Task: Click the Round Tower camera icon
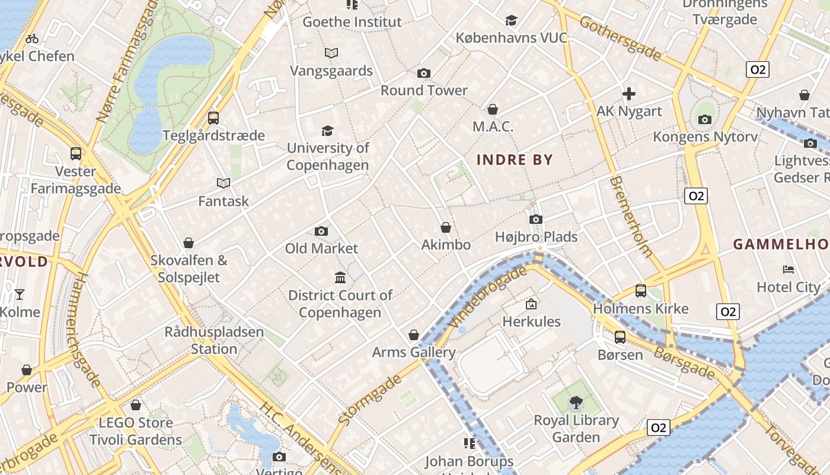[x=423, y=73]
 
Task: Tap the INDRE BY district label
[x=515, y=160]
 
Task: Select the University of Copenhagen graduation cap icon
[x=327, y=131]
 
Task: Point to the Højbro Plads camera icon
[x=536, y=219]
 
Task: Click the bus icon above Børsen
[x=620, y=337]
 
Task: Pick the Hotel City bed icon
[x=788, y=270]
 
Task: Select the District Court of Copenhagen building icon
[x=340, y=277]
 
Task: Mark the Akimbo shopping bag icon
[x=446, y=227]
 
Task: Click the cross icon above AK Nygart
[x=628, y=93]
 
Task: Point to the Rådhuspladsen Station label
[x=214, y=340]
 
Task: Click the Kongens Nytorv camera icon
[x=705, y=119]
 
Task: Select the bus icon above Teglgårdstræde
[x=213, y=118]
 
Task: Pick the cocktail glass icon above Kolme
[x=20, y=294]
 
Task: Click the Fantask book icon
[x=224, y=183]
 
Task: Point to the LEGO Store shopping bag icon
[x=136, y=405]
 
